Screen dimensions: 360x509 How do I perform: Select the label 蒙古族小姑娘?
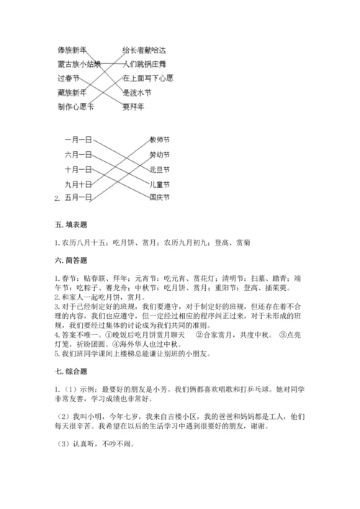pos(79,63)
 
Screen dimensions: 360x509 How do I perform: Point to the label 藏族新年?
pos(72,92)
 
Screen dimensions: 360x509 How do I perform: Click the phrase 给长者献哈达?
pos(144,50)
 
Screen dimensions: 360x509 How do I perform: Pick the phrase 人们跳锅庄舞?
pos(144,63)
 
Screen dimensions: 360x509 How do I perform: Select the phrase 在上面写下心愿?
pos(148,78)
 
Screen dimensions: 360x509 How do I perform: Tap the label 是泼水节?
pos(137,92)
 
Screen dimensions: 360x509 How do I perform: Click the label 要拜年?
pos(133,107)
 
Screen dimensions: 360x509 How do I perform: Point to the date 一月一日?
pos(78,140)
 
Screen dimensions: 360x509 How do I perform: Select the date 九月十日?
pos(78,183)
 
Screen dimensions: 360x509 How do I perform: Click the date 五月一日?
pos(78,197)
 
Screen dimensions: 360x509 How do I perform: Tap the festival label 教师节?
pos(159,140)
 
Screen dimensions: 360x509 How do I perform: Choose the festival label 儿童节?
pos(159,183)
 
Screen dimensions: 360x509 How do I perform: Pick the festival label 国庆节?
pos(159,197)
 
